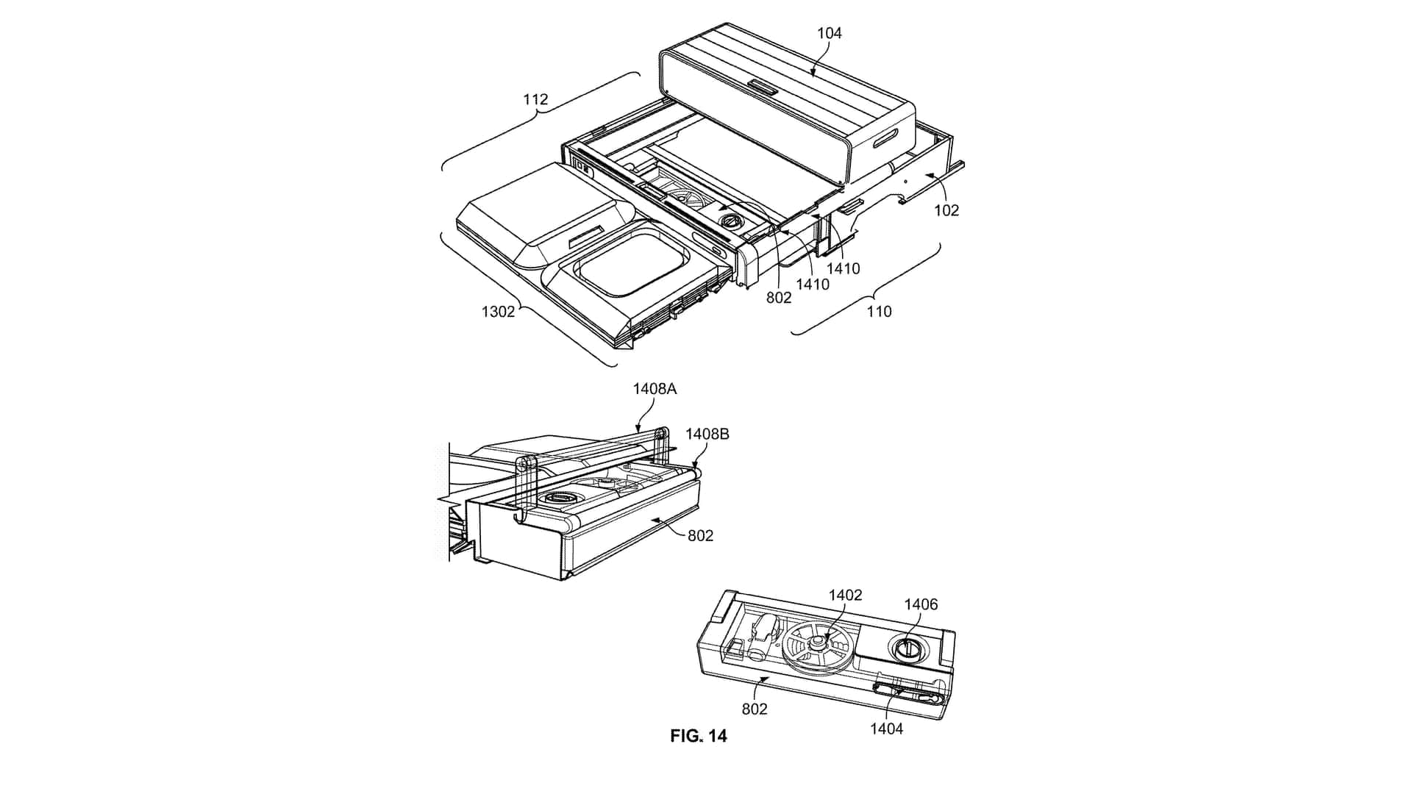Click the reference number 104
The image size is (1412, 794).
829,33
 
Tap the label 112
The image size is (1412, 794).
535,99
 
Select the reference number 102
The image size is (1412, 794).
946,210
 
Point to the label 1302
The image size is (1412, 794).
498,312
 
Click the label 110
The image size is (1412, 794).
879,312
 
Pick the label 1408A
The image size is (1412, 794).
655,389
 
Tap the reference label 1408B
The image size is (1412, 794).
707,434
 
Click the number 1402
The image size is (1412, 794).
845,595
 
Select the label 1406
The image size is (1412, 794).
921,604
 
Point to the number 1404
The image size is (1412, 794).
886,729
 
